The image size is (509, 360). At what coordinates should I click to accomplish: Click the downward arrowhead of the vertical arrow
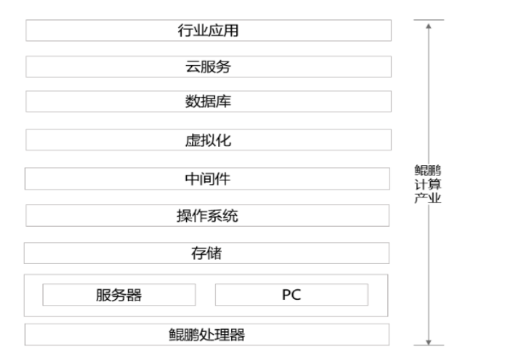click(428, 341)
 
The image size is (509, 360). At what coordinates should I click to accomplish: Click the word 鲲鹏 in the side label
click(428, 170)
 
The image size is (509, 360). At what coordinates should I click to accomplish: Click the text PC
click(291, 295)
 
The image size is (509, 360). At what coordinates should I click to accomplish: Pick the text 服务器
click(119, 295)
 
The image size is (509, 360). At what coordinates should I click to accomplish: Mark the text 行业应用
click(208, 31)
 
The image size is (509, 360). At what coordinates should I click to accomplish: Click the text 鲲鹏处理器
click(208, 334)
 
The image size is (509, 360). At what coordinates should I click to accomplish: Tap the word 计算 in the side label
click(428, 184)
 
